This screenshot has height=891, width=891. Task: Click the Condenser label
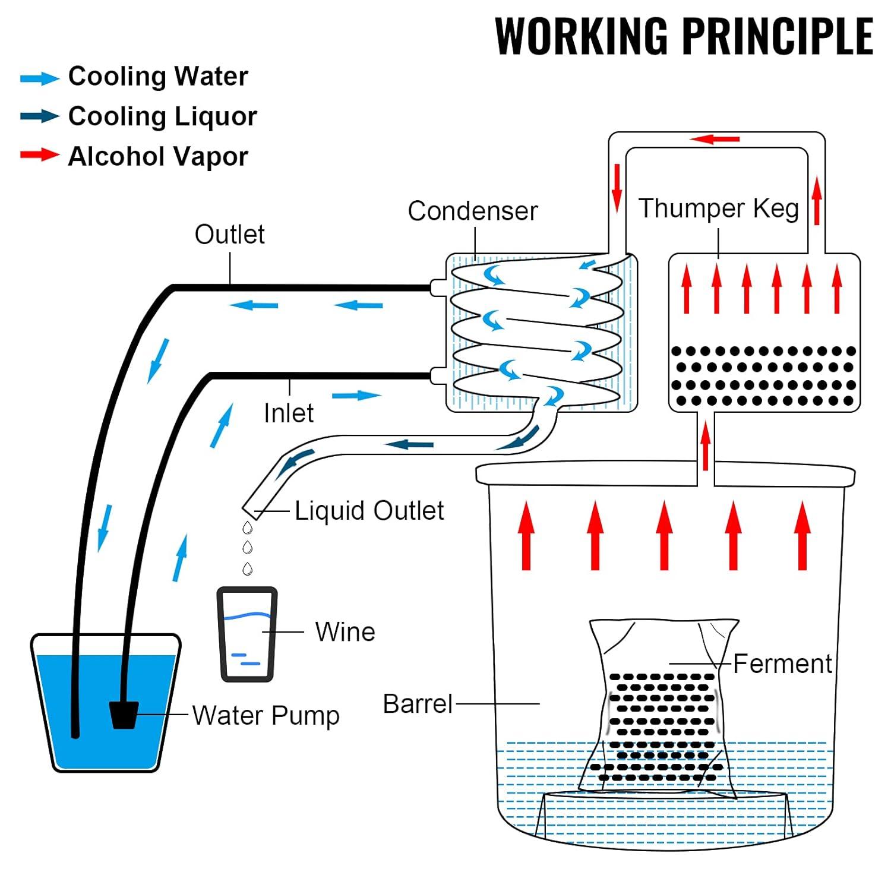472,211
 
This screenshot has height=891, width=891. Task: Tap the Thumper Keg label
718,209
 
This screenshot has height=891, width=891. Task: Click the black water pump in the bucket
124,715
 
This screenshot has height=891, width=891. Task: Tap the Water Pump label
266,716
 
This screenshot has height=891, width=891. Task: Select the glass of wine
247,634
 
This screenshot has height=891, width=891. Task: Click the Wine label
345,632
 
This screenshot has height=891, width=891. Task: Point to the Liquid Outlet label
369,511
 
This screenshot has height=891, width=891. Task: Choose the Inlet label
289,413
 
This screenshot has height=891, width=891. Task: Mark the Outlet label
229,235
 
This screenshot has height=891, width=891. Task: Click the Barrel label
418,704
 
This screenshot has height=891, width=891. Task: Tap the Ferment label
782,664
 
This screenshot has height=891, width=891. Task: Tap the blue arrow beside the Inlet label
356,396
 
